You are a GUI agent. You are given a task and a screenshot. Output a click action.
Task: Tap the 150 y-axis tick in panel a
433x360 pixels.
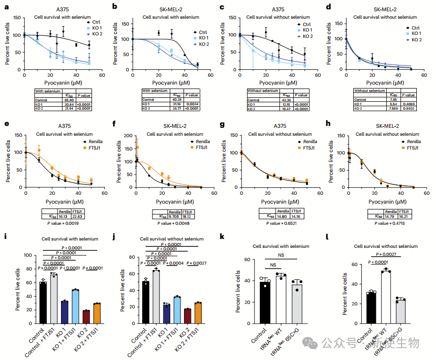pyautogui.click(x=17, y=18)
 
